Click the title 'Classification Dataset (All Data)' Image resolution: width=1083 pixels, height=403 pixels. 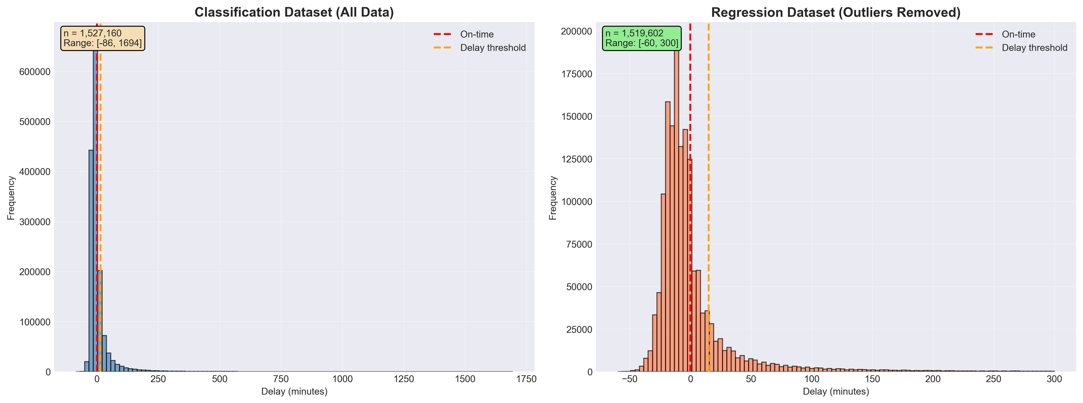[294, 12]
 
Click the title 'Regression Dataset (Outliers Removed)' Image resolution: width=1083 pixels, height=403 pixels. [836, 12]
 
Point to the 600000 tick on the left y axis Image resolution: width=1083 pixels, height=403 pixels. [35, 72]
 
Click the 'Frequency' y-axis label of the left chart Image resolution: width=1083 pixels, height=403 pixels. [11, 198]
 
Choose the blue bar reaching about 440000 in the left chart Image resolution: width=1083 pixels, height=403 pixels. [91, 261]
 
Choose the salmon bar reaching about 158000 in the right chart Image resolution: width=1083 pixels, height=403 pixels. [668, 236]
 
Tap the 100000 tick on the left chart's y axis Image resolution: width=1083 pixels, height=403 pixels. [35, 322]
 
